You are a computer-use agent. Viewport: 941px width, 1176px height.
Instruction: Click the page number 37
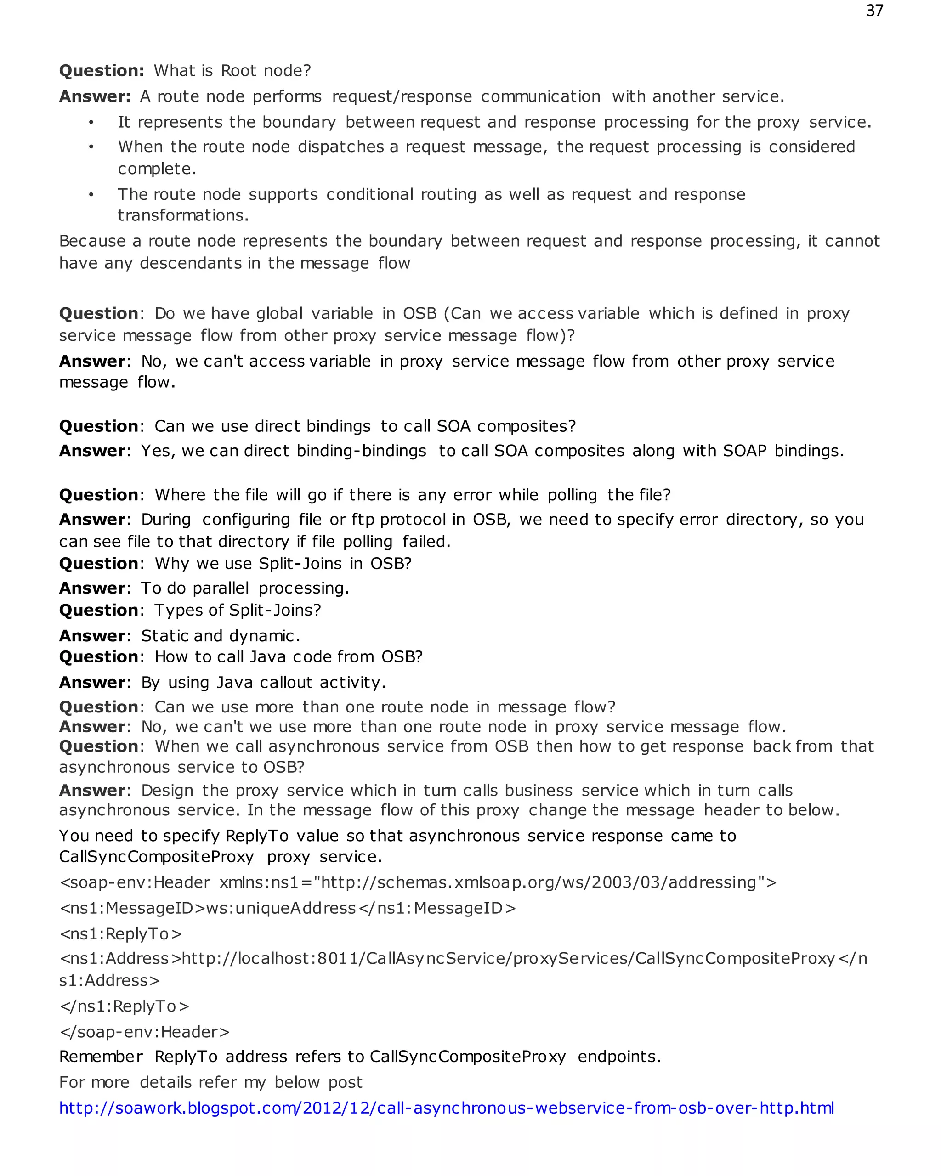(x=874, y=11)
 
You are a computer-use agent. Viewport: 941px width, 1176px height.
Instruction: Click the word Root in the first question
(x=238, y=70)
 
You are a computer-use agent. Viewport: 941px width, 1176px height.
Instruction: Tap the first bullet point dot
(x=91, y=122)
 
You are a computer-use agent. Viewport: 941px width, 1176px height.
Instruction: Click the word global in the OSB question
(x=279, y=313)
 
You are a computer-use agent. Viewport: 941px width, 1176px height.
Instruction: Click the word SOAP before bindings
(x=745, y=451)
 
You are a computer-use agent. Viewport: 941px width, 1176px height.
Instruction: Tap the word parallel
(x=221, y=588)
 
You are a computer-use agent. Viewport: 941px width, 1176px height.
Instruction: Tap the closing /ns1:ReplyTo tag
(x=125, y=1006)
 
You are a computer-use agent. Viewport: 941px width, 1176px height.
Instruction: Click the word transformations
(x=183, y=215)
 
